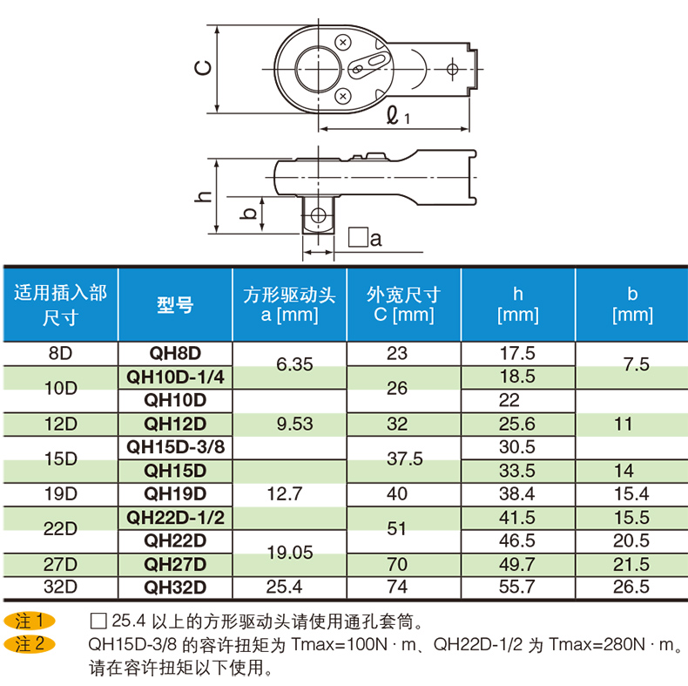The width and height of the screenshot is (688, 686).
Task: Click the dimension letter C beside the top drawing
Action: (x=201, y=70)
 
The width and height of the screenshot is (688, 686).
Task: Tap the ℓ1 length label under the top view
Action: (x=398, y=114)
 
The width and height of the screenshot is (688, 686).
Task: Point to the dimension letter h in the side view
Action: (x=203, y=197)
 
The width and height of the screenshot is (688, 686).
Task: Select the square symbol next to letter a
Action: (x=355, y=237)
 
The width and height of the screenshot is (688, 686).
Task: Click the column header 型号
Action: (x=175, y=305)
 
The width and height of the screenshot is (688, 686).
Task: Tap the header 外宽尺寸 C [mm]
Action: (x=403, y=304)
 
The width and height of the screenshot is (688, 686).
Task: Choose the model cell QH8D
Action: (x=175, y=353)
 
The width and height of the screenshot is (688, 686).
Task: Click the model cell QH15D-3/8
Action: (x=175, y=447)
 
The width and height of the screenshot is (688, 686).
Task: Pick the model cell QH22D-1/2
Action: (x=175, y=517)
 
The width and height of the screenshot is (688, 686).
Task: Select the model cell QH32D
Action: (x=175, y=588)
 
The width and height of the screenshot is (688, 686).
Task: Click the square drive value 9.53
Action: (x=289, y=424)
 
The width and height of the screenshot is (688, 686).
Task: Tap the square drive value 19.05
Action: (x=289, y=552)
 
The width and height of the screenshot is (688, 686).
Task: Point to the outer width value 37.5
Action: (x=403, y=458)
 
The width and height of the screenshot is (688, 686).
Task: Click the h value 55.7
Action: (x=517, y=588)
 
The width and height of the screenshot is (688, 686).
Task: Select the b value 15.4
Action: (x=631, y=493)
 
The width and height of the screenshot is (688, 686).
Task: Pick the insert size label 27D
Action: (x=61, y=564)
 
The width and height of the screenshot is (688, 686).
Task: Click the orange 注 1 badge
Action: (x=30, y=621)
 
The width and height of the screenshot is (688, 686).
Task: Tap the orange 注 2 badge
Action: (x=30, y=645)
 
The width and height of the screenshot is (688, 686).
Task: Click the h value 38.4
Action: (x=517, y=493)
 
